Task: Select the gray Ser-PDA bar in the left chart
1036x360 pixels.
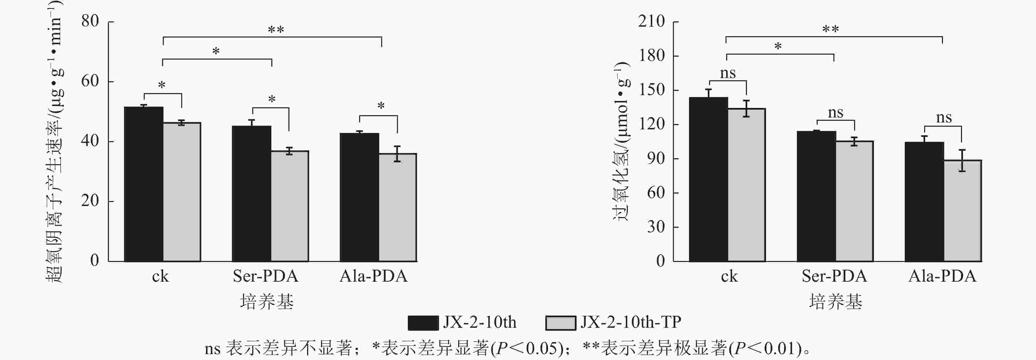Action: coord(289,206)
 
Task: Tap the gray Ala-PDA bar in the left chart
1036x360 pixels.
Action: coord(397,207)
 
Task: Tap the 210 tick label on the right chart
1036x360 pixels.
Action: coord(652,21)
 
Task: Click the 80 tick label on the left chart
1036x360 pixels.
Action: coord(90,21)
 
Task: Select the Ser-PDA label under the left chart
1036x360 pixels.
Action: coord(265,276)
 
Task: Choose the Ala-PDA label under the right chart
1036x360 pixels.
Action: coord(942,276)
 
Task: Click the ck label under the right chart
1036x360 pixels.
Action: coord(729,276)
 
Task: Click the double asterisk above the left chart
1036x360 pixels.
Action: coord(276,30)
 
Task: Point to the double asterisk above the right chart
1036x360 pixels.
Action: coord(830,29)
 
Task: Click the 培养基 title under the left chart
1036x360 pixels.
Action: coord(267,301)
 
